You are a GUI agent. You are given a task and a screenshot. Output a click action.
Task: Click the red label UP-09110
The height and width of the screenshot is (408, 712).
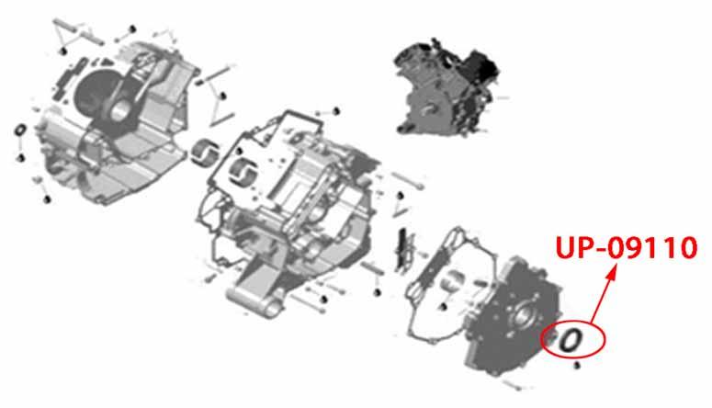pos(627,248)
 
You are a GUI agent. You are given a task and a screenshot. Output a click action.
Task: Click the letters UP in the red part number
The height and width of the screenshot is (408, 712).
pos(572,248)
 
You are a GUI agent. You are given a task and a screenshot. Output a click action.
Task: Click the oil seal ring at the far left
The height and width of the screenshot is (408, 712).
pos(21,130)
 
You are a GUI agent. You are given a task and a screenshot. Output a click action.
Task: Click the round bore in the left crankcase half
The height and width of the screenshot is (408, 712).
pos(119,111)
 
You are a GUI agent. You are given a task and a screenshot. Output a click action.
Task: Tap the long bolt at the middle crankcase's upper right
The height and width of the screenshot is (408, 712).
pos(408,180)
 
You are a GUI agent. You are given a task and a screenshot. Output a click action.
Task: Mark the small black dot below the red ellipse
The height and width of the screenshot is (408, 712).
pos(577,365)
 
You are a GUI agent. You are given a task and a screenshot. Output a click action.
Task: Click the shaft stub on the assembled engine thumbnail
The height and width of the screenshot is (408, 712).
pos(428,109)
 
